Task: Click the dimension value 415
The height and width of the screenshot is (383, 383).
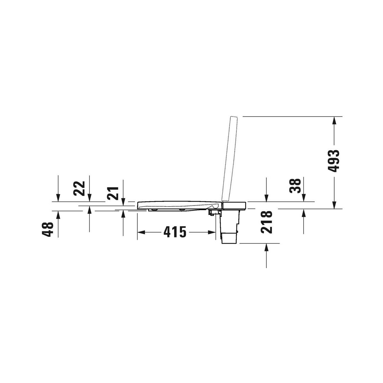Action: point(175,232)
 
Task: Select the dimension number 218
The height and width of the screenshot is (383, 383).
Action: point(266,222)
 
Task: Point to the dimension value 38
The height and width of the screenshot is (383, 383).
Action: point(295,186)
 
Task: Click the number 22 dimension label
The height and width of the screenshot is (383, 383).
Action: point(79,188)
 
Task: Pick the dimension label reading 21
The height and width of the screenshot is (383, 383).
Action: point(112,193)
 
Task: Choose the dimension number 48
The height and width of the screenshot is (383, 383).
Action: point(48,229)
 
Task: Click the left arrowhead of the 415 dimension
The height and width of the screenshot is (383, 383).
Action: point(141,232)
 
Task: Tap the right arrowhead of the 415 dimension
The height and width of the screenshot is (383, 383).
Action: point(212,232)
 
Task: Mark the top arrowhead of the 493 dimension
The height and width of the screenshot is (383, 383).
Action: point(334,120)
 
